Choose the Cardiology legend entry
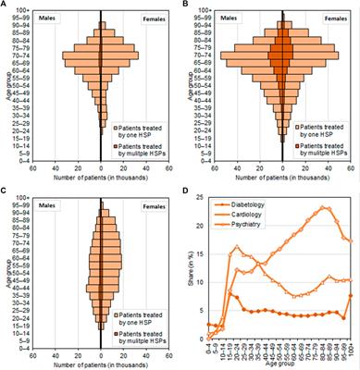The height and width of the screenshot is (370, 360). (242, 213)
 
